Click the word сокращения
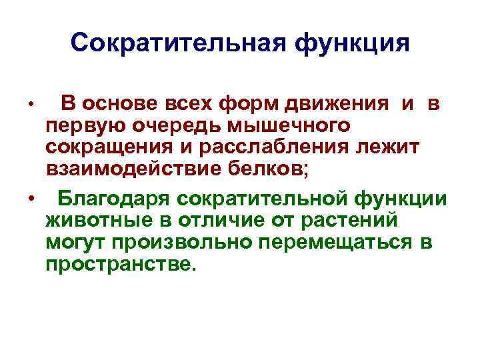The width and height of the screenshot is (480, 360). [117, 149]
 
